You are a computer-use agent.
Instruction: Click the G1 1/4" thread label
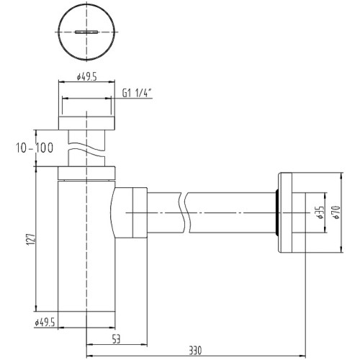138,93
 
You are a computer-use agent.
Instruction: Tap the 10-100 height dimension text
35,148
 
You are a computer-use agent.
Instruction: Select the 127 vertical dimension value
31,239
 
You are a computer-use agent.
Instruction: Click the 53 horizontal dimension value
116,339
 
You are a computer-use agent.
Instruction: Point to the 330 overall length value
195,351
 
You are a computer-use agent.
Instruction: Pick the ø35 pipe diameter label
320,212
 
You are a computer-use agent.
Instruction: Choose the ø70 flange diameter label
336,212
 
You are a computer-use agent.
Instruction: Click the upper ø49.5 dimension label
86,77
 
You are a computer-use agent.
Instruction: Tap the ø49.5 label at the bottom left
45,323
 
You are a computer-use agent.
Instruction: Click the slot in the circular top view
86,32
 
